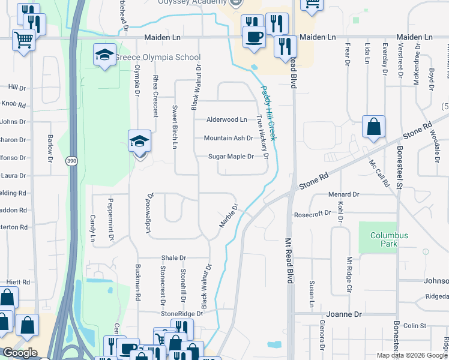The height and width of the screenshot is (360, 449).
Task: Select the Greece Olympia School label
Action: [157, 58]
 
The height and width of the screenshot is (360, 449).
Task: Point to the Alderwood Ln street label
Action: [226, 120]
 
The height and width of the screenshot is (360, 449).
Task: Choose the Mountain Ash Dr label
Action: [228, 138]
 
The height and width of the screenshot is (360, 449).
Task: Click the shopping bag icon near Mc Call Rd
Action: [373, 127]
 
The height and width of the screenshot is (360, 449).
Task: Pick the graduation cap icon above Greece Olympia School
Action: [104, 55]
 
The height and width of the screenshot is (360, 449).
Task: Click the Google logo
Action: [20, 353]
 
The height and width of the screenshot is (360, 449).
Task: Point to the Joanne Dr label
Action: [343, 314]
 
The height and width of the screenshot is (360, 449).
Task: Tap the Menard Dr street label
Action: [343, 194]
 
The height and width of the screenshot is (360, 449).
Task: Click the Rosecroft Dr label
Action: [312, 214]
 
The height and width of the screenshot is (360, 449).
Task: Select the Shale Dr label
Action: [173, 257]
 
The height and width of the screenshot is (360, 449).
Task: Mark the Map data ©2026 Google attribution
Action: [412, 355]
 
